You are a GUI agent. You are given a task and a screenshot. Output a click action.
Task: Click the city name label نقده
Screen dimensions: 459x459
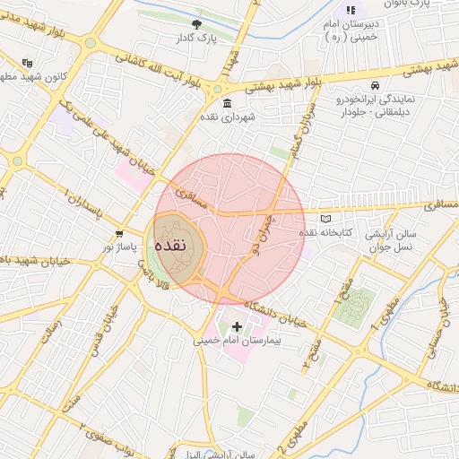tap(169, 245)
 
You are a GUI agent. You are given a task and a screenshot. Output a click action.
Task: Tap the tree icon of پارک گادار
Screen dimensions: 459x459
tap(197, 24)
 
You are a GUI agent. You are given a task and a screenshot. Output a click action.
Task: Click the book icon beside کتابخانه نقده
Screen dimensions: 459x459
tap(325, 219)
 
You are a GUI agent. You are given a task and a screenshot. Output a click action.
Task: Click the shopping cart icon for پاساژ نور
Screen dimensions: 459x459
tap(119, 233)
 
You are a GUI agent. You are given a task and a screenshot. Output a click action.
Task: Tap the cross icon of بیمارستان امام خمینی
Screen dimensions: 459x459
tap(237, 326)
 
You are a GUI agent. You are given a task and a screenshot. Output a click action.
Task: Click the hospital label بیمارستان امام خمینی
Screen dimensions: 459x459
tap(238, 341)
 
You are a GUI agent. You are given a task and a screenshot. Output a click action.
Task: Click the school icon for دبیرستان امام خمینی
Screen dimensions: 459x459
tap(349, 10)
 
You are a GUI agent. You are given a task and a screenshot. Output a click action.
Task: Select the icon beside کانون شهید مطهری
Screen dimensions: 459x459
tap(28, 64)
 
